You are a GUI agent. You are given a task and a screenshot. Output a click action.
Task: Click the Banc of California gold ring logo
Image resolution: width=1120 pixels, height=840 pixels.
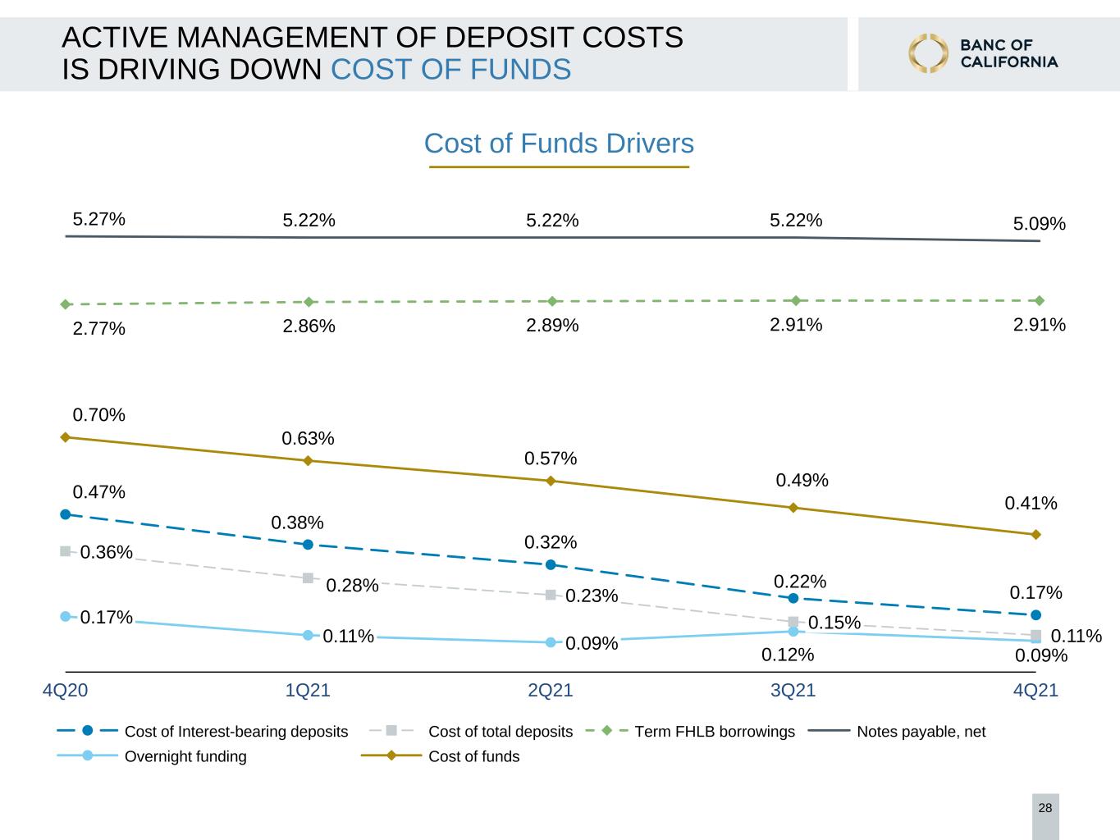point(928,53)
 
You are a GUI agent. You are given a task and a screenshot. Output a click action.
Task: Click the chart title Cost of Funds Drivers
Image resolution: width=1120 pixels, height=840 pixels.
point(559,144)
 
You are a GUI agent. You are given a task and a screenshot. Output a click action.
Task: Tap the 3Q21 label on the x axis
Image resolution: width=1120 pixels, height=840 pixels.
point(793,690)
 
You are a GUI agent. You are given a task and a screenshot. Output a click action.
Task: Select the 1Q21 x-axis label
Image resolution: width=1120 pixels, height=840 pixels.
point(308,690)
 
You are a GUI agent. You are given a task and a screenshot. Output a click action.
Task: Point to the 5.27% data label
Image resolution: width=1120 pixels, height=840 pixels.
point(98,219)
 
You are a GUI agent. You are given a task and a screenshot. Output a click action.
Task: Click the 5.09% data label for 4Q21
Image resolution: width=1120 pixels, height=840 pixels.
point(1040,223)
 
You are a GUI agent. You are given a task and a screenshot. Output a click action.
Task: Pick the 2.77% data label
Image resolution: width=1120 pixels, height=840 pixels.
point(98,328)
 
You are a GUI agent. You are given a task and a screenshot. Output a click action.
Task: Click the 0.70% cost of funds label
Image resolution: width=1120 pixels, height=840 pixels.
point(98,414)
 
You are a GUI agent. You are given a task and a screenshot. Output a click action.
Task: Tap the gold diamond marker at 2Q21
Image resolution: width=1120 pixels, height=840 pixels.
point(551,481)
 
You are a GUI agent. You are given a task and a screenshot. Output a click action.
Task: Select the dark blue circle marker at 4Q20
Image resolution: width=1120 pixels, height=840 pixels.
point(66,514)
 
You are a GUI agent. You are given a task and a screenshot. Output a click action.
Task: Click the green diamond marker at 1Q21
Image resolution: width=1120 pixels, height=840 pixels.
point(309,302)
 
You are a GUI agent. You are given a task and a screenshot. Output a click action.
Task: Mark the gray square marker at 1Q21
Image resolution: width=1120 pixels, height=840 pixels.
point(309,577)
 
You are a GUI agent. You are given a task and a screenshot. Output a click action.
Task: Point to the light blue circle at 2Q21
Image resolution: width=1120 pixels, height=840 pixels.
point(551,642)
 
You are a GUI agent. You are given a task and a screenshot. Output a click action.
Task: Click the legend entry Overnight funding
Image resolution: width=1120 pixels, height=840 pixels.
point(152,756)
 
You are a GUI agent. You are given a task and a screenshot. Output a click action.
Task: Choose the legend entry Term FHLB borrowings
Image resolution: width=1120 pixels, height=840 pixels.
point(690,732)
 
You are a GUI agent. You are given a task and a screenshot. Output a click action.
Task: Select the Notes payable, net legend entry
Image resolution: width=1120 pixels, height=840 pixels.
point(897,732)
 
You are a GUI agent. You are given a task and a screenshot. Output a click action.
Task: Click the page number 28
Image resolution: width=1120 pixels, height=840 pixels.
point(1045,808)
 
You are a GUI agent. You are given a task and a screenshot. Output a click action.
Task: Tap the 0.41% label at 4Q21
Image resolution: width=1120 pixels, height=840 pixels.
point(1031,504)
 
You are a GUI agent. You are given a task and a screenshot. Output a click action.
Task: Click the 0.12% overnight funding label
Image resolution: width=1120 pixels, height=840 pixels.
point(788,655)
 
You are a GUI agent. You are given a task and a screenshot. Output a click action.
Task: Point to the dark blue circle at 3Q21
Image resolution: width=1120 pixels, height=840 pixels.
point(793,598)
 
